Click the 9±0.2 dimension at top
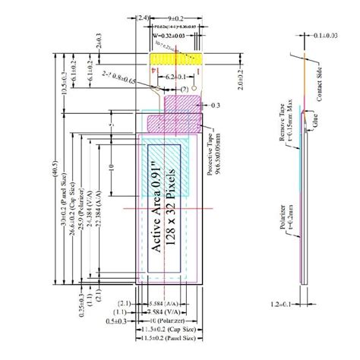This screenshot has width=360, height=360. pyautogui.click(x=178, y=16)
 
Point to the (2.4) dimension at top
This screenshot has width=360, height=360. pyautogui.click(x=144, y=16)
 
